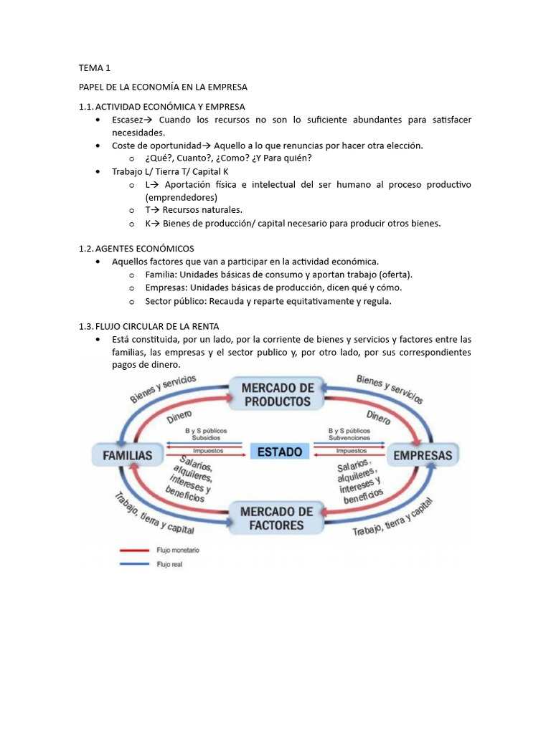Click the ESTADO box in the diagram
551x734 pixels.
click(280, 452)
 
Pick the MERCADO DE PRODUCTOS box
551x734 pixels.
click(277, 394)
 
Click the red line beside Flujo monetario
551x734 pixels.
click(134, 550)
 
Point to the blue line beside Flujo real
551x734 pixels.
click(134, 564)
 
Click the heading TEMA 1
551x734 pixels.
click(94, 69)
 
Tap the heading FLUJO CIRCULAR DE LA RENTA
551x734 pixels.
click(157, 326)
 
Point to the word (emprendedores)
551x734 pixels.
click(181, 197)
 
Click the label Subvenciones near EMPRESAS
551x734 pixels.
click(349, 437)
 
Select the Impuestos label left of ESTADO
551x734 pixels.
click(209, 451)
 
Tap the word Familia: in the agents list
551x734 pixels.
click(161, 275)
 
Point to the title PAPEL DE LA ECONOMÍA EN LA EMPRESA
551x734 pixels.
click(163, 87)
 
